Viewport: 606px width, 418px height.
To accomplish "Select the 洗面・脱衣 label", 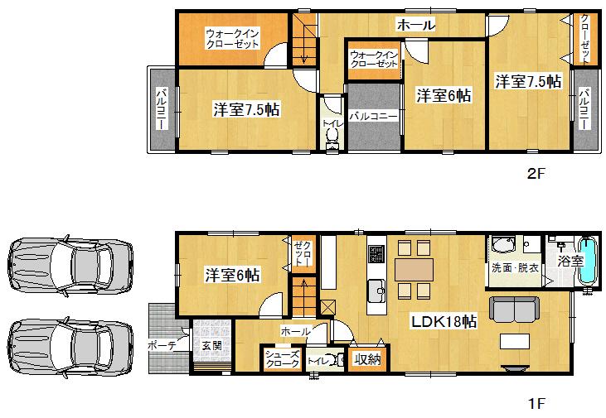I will click(x=515, y=269).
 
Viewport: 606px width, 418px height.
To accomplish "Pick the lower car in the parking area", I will click(x=69, y=341).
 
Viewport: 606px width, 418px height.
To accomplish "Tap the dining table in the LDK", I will click(x=413, y=270).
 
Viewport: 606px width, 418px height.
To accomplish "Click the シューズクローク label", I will click(x=281, y=358).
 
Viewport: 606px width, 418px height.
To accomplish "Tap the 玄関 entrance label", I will click(x=211, y=345).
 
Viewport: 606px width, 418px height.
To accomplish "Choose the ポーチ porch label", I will click(x=161, y=345).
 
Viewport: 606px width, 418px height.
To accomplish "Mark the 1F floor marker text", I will click(x=537, y=403).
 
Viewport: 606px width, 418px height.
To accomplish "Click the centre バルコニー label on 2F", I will click(x=374, y=117).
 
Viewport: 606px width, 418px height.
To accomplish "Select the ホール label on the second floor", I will click(x=415, y=26).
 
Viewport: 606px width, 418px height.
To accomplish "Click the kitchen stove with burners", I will click(x=376, y=252).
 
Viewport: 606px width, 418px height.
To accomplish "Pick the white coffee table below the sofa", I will click(x=515, y=343).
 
